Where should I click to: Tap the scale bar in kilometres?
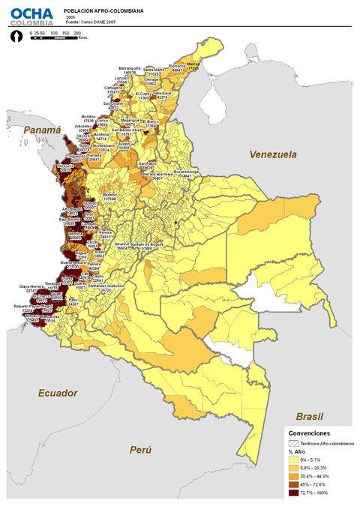click(55, 37)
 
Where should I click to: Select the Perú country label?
click(139, 450)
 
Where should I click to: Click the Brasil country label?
click(308, 415)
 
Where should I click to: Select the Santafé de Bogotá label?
click(148, 244)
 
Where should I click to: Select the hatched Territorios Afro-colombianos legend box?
click(295, 444)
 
